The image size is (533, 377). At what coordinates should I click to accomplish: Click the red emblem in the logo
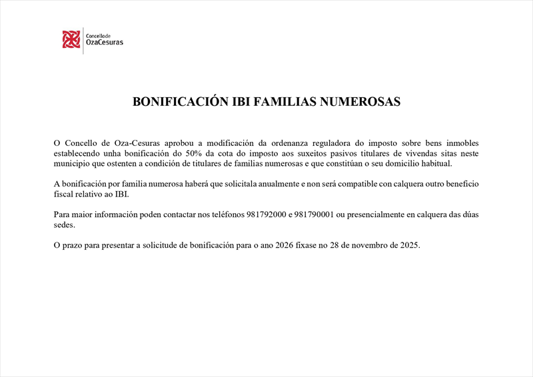tap(71, 40)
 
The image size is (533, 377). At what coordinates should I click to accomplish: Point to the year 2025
tap(408, 246)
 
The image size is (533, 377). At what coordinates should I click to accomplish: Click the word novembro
tap(366, 246)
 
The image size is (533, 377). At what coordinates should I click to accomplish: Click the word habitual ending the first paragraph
tap(433, 164)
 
